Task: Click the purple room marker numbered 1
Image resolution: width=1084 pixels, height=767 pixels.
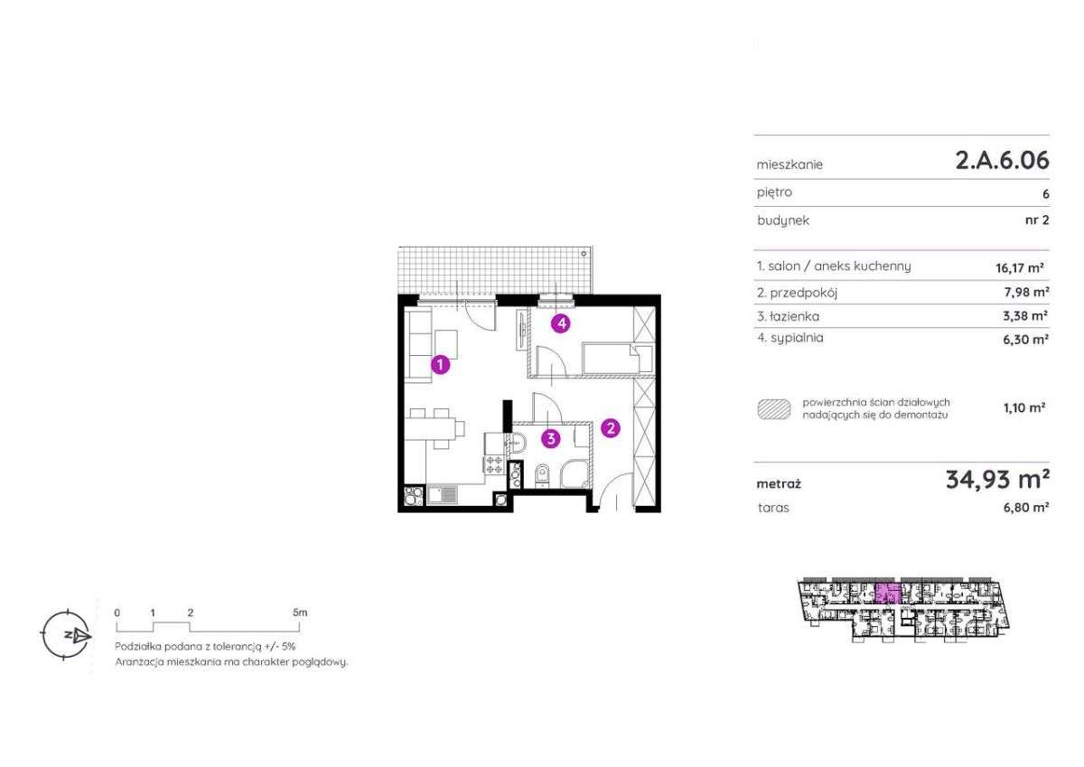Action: pyautogui.click(x=441, y=365)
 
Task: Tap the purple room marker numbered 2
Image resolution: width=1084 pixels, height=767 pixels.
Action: pyautogui.click(x=611, y=428)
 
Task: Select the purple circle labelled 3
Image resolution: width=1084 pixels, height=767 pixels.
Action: pyautogui.click(x=551, y=439)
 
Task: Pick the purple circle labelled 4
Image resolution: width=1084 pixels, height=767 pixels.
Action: pyautogui.click(x=561, y=323)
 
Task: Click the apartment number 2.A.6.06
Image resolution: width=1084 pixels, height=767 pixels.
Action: pyautogui.click(x=1002, y=160)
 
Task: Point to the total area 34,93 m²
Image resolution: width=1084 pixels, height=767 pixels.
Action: pyautogui.click(x=997, y=479)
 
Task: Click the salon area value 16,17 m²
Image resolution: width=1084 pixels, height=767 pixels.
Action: pyautogui.click(x=1020, y=267)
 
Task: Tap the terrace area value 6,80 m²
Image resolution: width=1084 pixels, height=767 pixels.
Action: pyautogui.click(x=1026, y=508)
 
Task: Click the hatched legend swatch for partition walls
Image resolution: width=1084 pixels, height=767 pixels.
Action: pyautogui.click(x=774, y=409)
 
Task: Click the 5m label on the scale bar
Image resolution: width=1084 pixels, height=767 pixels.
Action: pyautogui.click(x=300, y=613)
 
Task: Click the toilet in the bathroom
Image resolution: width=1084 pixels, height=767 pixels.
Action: pyautogui.click(x=542, y=474)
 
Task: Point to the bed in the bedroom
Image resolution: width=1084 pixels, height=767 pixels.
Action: pyautogui.click(x=617, y=358)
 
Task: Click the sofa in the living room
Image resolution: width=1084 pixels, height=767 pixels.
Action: pyautogui.click(x=417, y=347)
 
